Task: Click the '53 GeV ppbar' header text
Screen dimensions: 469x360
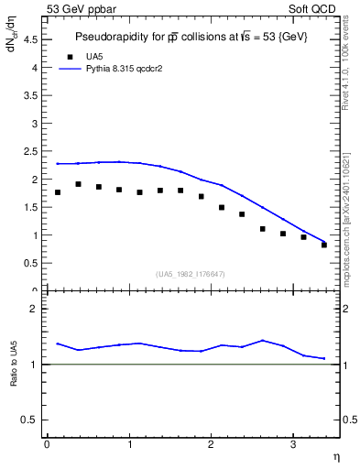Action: (81, 8)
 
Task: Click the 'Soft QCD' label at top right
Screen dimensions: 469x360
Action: (314, 8)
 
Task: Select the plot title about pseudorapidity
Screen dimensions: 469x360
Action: (191, 37)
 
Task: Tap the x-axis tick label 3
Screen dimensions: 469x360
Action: (292, 444)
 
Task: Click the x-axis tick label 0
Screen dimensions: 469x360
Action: (47, 444)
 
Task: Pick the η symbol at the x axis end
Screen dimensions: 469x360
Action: (335, 455)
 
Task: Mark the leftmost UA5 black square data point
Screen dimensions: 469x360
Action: (58, 192)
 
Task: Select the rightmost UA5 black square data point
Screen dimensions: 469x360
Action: (324, 245)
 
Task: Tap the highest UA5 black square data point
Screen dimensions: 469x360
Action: (78, 184)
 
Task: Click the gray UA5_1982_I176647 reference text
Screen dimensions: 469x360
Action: (190, 274)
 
